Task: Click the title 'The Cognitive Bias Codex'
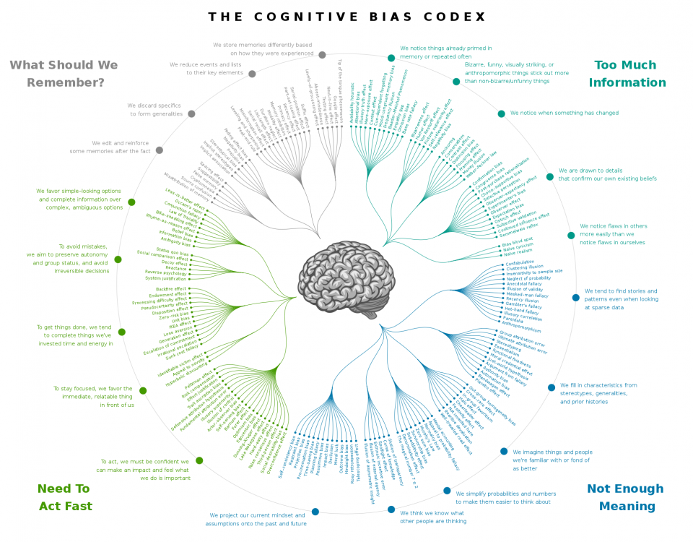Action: pos(346,17)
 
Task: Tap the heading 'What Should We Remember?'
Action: pos(64,74)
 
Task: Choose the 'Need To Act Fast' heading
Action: pos(64,497)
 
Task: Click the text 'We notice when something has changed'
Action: pos(565,113)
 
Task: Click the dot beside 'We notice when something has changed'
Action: pos(501,113)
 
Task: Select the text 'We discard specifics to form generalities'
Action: pos(156,109)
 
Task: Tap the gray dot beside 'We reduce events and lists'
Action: pos(252,74)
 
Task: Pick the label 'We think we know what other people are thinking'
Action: pos(433,516)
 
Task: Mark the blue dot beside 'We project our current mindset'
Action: pos(315,512)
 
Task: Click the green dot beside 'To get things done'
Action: pos(122,332)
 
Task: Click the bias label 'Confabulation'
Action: pos(520,262)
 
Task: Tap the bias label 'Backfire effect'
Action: pos(171,288)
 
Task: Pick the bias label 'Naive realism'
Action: pos(518,254)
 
